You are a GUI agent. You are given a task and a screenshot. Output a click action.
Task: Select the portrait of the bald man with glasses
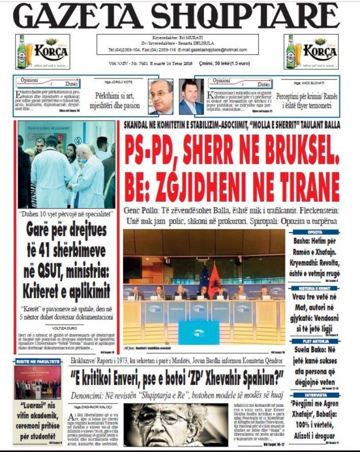pos(161,97)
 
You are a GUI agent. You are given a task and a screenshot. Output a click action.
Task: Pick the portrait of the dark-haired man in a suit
pos(191,97)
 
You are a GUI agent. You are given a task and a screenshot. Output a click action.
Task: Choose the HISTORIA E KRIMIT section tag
pos(314,287)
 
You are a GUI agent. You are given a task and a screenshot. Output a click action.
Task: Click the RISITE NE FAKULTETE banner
pos(38,362)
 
